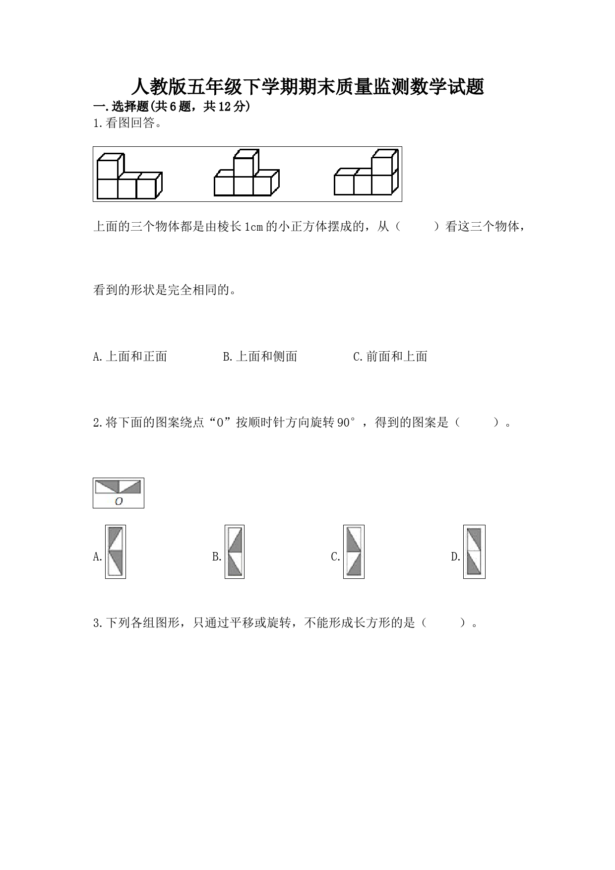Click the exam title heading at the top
(x=307, y=87)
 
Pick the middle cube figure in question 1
(x=246, y=173)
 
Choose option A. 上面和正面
(x=130, y=356)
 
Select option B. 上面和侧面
(x=260, y=356)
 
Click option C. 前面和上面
(x=390, y=356)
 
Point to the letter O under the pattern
(x=119, y=501)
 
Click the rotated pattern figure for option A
(x=115, y=552)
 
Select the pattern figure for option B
(x=234, y=552)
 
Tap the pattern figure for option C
(x=354, y=552)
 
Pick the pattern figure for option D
(x=474, y=552)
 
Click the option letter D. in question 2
(x=456, y=557)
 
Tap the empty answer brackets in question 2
(x=477, y=423)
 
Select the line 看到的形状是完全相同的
(x=164, y=290)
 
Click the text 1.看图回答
(x=127, y=124)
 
